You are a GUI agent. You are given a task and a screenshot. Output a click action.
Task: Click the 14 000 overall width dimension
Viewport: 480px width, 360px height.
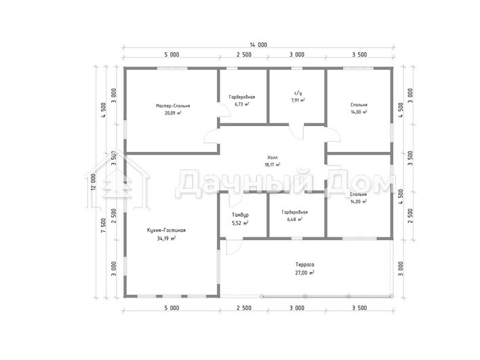[258, 45]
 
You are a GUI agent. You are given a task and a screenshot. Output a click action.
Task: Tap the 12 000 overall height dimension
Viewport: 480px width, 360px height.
[94, 182]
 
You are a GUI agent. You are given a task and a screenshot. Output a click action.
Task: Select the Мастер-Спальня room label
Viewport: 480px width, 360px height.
[173, 106]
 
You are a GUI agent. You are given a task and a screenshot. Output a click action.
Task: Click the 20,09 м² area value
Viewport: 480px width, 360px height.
[173, 113]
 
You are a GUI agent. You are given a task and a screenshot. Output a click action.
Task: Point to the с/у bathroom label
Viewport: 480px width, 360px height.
[298, 93]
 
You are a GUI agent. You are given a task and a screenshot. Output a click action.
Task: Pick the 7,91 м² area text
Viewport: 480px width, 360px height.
[298, 100]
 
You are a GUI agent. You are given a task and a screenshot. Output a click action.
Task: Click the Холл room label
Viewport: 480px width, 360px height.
[272, 158]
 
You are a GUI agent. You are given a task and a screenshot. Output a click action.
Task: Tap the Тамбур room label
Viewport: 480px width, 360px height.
[240, 215]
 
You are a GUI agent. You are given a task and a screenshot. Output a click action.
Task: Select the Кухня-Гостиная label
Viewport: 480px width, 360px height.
[166, 231]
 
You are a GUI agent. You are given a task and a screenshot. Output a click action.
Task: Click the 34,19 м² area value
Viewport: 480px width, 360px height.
[166, 238]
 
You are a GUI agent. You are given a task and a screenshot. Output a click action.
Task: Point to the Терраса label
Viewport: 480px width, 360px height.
[305, 264]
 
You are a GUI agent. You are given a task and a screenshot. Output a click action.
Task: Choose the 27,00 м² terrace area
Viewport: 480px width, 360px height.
[305, 273]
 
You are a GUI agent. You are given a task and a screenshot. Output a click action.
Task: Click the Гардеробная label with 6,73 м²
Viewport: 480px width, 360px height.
[242, 97]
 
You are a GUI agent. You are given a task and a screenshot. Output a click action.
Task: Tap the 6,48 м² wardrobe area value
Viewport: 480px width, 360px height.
[295, 220]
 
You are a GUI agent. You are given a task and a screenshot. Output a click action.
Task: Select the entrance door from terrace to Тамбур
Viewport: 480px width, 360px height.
[234, 247]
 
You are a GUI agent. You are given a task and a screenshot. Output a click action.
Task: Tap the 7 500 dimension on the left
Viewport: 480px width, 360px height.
[103, 225]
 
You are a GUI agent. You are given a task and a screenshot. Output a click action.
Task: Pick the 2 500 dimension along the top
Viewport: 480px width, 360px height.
[244, 55]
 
